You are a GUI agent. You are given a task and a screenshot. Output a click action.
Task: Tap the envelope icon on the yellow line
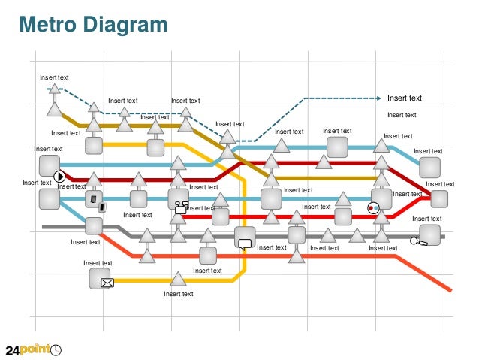[107, 283]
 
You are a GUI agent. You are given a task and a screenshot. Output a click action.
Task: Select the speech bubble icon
[244, 243]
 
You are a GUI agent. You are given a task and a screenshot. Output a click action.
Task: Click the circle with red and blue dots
[373, 207]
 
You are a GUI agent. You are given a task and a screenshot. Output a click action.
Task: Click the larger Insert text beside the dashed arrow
[404, 98]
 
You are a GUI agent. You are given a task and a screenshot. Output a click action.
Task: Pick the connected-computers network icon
[181, 207]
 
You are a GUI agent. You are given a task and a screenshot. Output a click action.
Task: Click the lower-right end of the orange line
[450, 289]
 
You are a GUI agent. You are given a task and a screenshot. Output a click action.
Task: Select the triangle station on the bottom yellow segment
[178, 280]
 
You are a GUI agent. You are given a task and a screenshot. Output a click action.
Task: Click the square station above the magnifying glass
[429, 234]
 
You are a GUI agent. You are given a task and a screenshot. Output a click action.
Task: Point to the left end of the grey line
[44, 225]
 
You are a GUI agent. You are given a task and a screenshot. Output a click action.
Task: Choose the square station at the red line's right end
[439, 199]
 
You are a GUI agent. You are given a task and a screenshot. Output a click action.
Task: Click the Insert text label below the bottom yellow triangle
[178, 294]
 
